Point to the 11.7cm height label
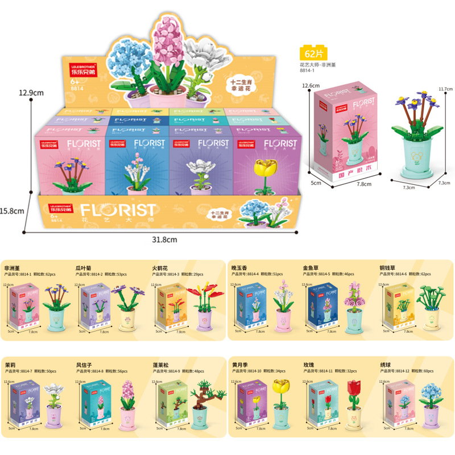tap(445, 89)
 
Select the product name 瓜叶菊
tap(85, 266)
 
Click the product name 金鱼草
tap(312, 266)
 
